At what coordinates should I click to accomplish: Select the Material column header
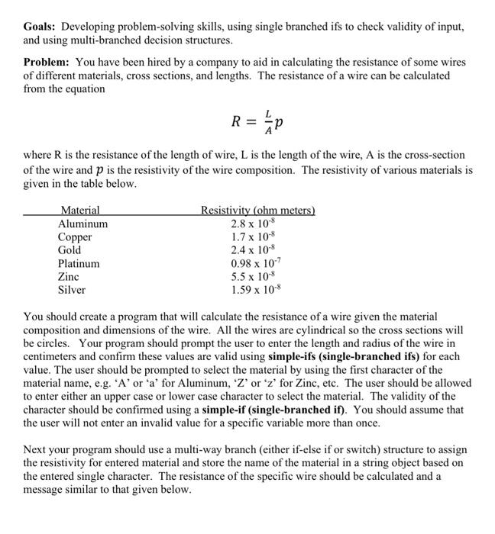point(80,211)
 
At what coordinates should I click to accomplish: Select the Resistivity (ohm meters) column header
point(258,211)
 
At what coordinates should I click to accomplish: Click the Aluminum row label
point(83,224)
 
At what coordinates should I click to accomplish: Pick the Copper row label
point(75,237)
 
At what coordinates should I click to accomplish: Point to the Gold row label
point(70,250)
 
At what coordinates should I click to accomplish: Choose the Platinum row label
point(79,264)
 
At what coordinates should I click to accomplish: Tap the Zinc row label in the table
point(70,277)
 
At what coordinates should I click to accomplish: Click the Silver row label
point(73,290)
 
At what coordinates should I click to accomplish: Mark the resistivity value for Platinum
point(255,264)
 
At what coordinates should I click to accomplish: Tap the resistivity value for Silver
point(255,290)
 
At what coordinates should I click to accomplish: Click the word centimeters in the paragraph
point(56,356)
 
